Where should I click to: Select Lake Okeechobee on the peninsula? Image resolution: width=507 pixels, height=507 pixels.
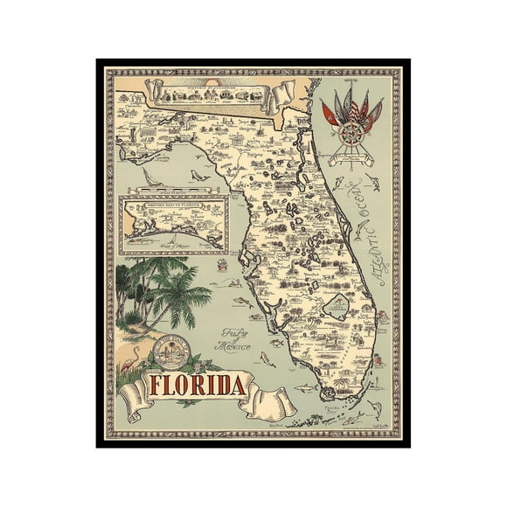[x=337, y=305]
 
